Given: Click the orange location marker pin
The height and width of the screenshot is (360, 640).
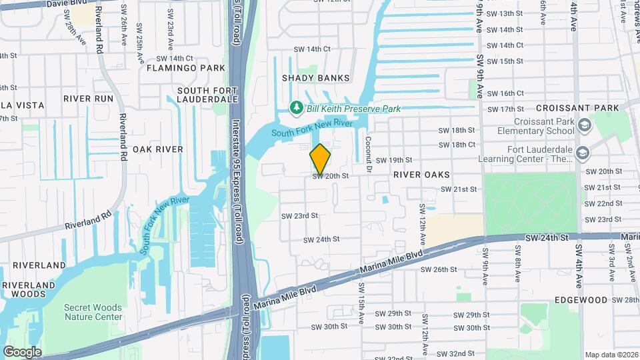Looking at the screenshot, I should click(x=321, y=159).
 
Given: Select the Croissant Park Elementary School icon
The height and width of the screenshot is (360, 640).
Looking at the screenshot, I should click(x=584, y=126).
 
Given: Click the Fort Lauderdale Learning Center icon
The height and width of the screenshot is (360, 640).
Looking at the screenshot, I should click(x=583, y=153).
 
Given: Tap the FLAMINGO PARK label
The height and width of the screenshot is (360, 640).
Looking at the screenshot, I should click(x=177, y=68).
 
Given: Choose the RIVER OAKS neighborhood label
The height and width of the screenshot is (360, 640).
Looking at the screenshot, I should click(x=421, y=174).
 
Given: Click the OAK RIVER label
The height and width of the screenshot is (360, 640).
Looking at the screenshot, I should click(x=158, y=149).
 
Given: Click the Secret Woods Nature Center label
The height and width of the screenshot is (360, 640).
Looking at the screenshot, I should click(x=93, y=312).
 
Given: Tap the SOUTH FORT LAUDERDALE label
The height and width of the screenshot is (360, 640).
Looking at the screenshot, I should click(x=208, y=94).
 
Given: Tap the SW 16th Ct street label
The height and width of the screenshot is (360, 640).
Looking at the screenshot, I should click(x=505, y=93).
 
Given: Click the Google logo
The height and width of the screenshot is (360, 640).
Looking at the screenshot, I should click(x=22, y=352).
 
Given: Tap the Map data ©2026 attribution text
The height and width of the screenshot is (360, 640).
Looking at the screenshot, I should click(x=611, y=355).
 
